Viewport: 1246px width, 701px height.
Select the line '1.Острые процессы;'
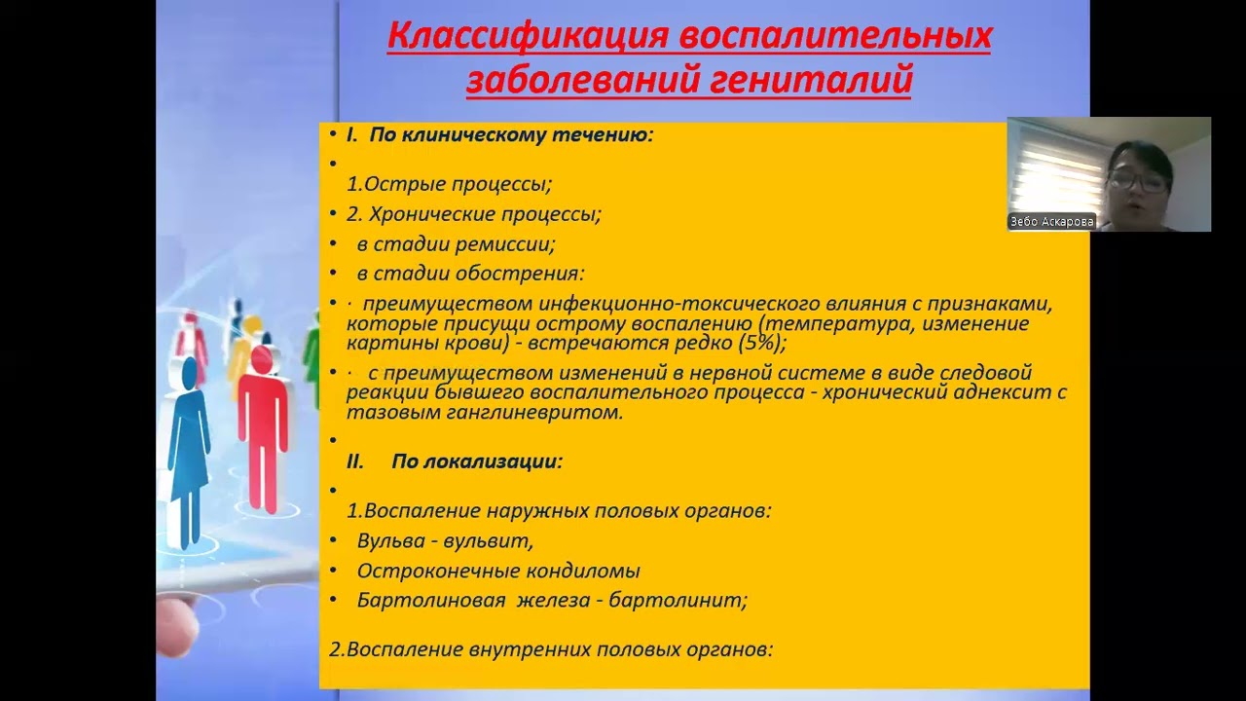tap(449, 184)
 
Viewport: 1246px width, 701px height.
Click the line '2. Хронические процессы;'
tap(474, 214)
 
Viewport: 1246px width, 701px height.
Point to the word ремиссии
tap(507, 244)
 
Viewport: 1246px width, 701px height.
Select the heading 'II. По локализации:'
tap(455, 461)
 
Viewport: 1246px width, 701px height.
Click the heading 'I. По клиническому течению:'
tap(499, 135)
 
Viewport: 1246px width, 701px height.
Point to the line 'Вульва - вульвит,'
tap(445, 541)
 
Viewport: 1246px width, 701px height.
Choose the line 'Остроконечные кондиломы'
tap(498, 572)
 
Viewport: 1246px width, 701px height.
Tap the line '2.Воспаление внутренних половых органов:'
tap(551, 648)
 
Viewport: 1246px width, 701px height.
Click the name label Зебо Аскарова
tap(1051, 222)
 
